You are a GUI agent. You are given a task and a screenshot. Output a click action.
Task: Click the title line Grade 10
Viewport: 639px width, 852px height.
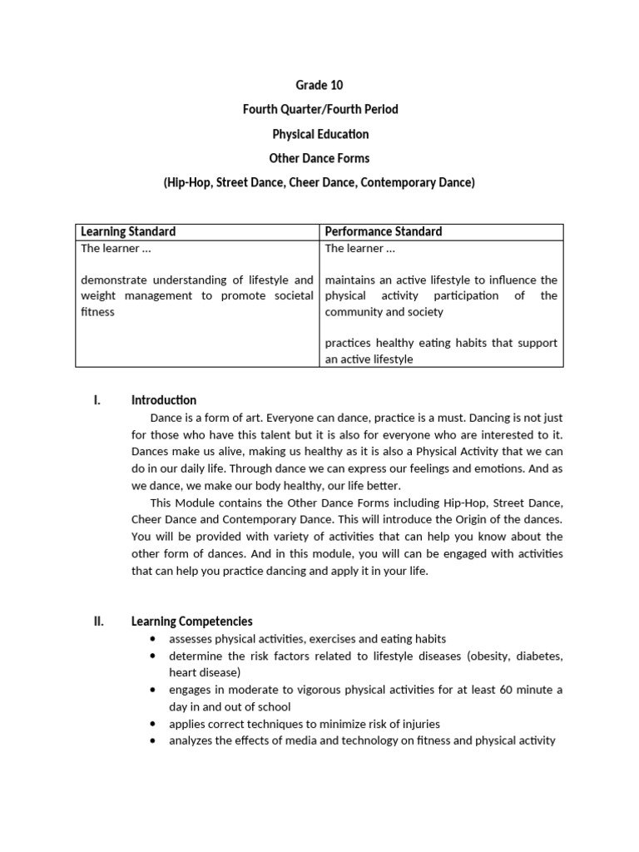pyautogui.click(x=319, y=85)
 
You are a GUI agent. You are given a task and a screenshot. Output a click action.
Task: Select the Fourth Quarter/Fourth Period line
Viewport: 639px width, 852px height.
pyautogui.click(x=319, y=110)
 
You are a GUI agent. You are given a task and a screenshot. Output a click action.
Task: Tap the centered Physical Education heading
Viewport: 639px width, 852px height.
pyautogui.click(x=319, y=134)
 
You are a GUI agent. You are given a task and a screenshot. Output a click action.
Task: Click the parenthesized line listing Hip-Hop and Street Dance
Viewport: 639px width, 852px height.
pyautogui.click(x=319, y=182)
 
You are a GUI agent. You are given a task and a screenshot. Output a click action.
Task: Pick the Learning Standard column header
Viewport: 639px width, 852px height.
pyautogui.click(x=128, y=231)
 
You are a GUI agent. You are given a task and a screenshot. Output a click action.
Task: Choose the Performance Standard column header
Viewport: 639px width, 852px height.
pyautogui.click(x=384, y=231)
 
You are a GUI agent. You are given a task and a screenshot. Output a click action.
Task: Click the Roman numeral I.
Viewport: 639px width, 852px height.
pyautogui.click(x=97, y=400)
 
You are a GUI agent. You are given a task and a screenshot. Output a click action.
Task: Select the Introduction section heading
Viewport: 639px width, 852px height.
pyautogui.click(x=164, y=400)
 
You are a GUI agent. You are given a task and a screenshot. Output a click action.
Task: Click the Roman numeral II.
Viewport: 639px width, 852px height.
pyautogui.click(x=98, y=622)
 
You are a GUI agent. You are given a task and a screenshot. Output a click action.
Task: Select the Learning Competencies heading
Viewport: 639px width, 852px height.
pyautogui.click(x=192, y=622)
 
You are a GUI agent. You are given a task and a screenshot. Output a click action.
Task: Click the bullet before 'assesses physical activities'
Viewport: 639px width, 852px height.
pyautogui.click(x=153, y=639)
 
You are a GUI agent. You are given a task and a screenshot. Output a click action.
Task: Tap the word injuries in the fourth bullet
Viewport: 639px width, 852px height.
pyautogui.click(x=420, y=724)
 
